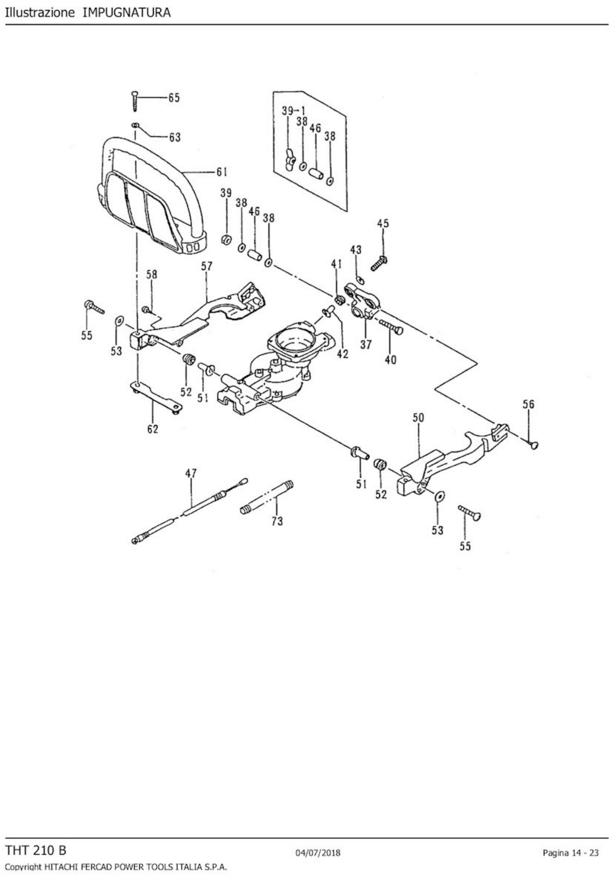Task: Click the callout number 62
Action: [152, 429]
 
